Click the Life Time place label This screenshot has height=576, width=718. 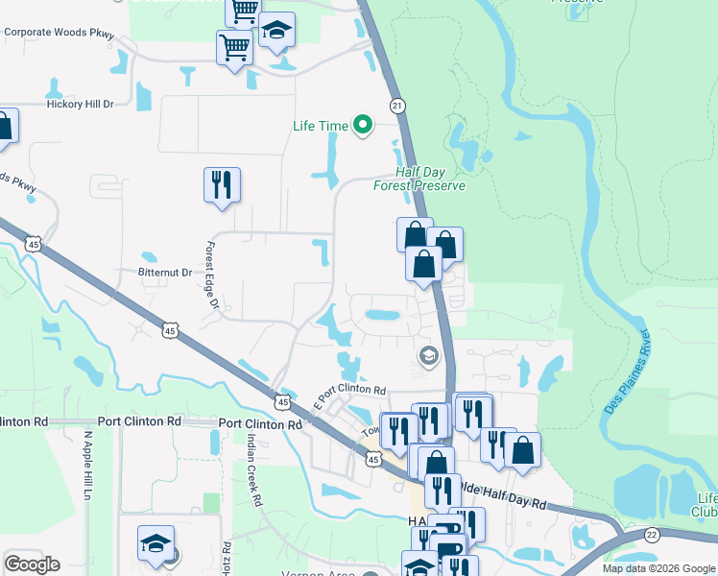(321, 126)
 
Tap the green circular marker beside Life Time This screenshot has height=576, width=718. (363, 126)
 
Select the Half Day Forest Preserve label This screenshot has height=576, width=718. (419, 180)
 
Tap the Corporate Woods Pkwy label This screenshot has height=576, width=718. (60, 32)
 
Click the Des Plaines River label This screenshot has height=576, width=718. (629, 372)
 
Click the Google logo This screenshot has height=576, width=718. (32, 564)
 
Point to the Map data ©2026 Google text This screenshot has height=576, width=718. (658, 568)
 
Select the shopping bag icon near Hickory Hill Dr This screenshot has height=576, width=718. (3, 127)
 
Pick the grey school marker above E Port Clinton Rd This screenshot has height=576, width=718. (427, 356)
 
